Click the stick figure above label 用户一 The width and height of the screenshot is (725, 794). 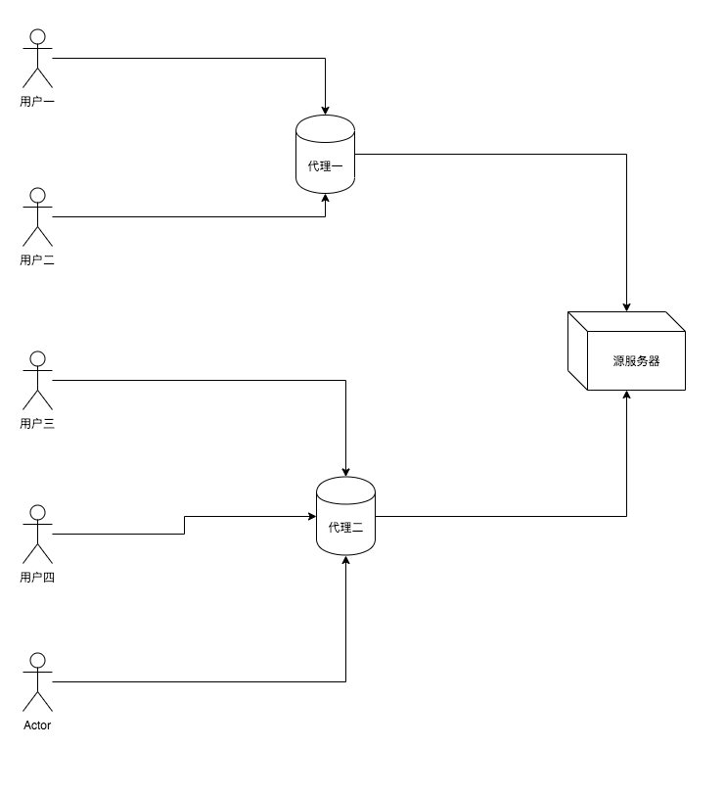pos(37,59)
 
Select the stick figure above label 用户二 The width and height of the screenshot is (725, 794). pos(37,217)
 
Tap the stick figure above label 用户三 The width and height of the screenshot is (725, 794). pos(37,380)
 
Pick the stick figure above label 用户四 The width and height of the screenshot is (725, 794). pos(37,534)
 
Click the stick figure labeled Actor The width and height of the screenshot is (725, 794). pos(37,681)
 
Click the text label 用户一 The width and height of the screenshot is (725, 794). pos(37,101)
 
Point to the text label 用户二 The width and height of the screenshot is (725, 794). pos(37,259)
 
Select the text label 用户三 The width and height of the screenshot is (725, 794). pos(37,423)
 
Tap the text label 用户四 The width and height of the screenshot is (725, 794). pos(37,577)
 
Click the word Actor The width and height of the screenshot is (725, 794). pos(37,725)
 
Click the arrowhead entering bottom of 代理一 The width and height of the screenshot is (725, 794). pos(325,200)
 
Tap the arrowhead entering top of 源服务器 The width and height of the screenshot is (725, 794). pos(626,305)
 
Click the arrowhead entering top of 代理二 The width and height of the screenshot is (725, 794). pos(345,471)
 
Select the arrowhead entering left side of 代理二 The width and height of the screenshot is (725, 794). pos(310,516)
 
